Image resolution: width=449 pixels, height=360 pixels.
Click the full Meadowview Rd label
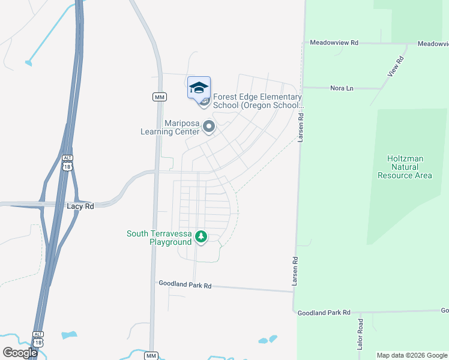click(x=334, y=43)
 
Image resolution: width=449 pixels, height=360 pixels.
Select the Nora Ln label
click(x=342, y=88)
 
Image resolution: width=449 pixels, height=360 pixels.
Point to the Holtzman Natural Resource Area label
click(x=405, y=167)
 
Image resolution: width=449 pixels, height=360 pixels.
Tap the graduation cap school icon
click(x=199, y=88)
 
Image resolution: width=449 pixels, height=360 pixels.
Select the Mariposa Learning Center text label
click(x=170, y=127)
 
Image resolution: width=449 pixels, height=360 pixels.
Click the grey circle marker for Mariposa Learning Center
click(x=209, y=127)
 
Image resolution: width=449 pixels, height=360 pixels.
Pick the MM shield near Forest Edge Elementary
click(x=159, y=97)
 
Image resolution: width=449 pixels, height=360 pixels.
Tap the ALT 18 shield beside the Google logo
click(x=38, y=338)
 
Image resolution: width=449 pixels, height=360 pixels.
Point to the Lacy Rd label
click(x=80, y=206)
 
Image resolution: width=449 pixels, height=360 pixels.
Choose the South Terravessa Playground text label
click(x=159, y=238)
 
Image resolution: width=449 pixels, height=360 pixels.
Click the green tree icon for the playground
click(x=202, y=238)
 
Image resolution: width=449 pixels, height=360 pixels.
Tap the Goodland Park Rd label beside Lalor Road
click(x=324, y=313)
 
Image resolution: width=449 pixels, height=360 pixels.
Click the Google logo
click(x=20, y=353)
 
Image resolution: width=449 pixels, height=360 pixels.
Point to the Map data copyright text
click(x=412, y=355)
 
